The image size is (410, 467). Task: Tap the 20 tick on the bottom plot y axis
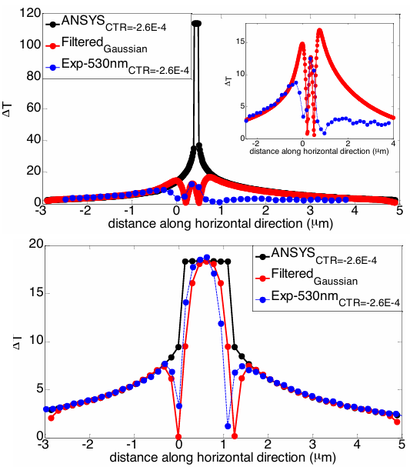pos(32,245)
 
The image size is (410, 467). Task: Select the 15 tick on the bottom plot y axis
pos(32,293)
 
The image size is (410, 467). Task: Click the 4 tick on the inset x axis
pos(394,145)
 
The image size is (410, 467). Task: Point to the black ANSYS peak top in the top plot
pos(196,22)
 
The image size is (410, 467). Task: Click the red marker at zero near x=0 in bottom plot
pos(178,436)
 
